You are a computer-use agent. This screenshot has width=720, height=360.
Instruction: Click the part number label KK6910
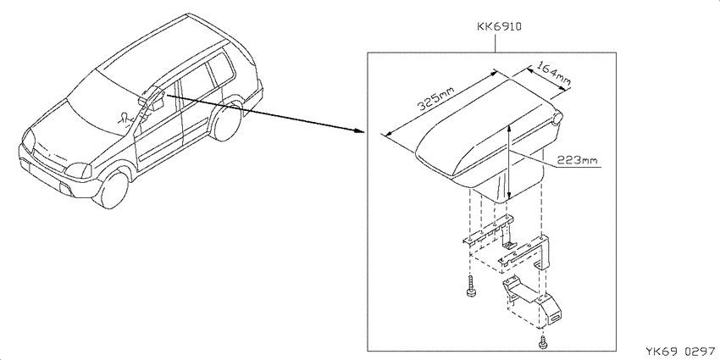click(498, 26)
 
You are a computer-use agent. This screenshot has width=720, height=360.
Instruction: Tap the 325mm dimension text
click(435, 100)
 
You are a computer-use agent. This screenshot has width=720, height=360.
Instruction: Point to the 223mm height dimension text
click(577, 160)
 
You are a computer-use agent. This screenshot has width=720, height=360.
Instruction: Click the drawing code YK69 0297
click(680, 352)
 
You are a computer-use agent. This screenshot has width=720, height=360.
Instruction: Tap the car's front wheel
click(111, 188)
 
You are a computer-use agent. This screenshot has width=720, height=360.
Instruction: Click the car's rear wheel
click(226, 121)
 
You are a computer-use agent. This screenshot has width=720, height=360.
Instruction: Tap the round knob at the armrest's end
click(558, 118)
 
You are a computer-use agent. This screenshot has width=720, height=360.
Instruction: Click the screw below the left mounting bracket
click(470, 287)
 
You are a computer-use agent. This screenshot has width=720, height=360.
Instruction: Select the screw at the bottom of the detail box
click(542, 341)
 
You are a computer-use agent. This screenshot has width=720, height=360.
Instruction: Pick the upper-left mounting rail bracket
click(489, 233)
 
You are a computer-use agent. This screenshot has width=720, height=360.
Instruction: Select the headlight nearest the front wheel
click(78, 170)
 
